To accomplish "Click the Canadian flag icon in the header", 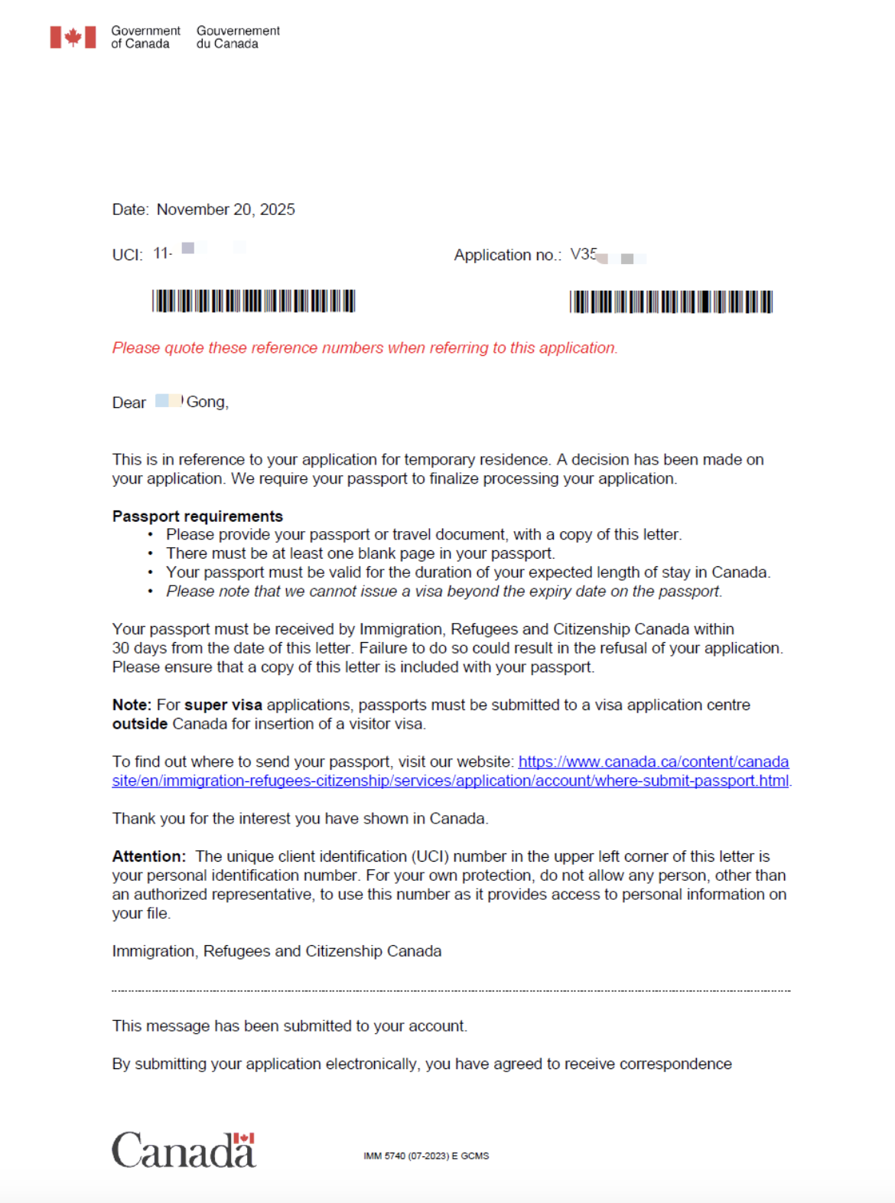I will click(73, 37).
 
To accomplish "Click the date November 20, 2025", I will click(225, 210).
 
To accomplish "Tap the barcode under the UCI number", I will click(253, 301).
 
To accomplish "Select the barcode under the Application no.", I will click(671, 302).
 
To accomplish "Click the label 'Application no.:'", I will click(507, 255).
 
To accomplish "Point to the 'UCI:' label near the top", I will click(127, 255).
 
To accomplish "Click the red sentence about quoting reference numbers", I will click(364, 348).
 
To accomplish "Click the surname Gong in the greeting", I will click(207, 402).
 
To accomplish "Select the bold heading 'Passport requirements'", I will click(197, 517).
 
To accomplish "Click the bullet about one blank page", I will click(360, 553).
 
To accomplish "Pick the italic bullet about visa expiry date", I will click(444, 592).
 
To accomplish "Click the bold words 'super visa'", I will click(223, 705).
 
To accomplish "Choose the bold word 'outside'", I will click(140, 724).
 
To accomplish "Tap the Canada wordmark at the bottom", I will click(184, 1150).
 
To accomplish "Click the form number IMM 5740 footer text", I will click(426, 1156).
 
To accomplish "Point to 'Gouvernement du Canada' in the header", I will click(238, 37).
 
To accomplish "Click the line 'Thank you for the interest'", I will click(300, 819).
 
